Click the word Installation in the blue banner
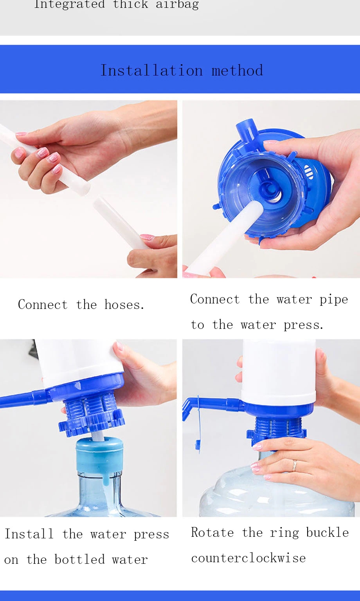coord(151,70)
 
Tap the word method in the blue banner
coord(237,70)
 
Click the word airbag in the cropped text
coord(177,5)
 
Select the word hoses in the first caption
coord(124,305)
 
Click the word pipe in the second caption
coord(333,300)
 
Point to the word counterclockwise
coord(248,558)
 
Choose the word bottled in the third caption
coord(79,559)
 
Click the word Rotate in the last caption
coord(212,532)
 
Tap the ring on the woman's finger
coord(294,465)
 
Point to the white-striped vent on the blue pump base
coord(309,172)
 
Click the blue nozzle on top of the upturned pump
coord(245,132)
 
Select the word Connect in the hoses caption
coord(43,305)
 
